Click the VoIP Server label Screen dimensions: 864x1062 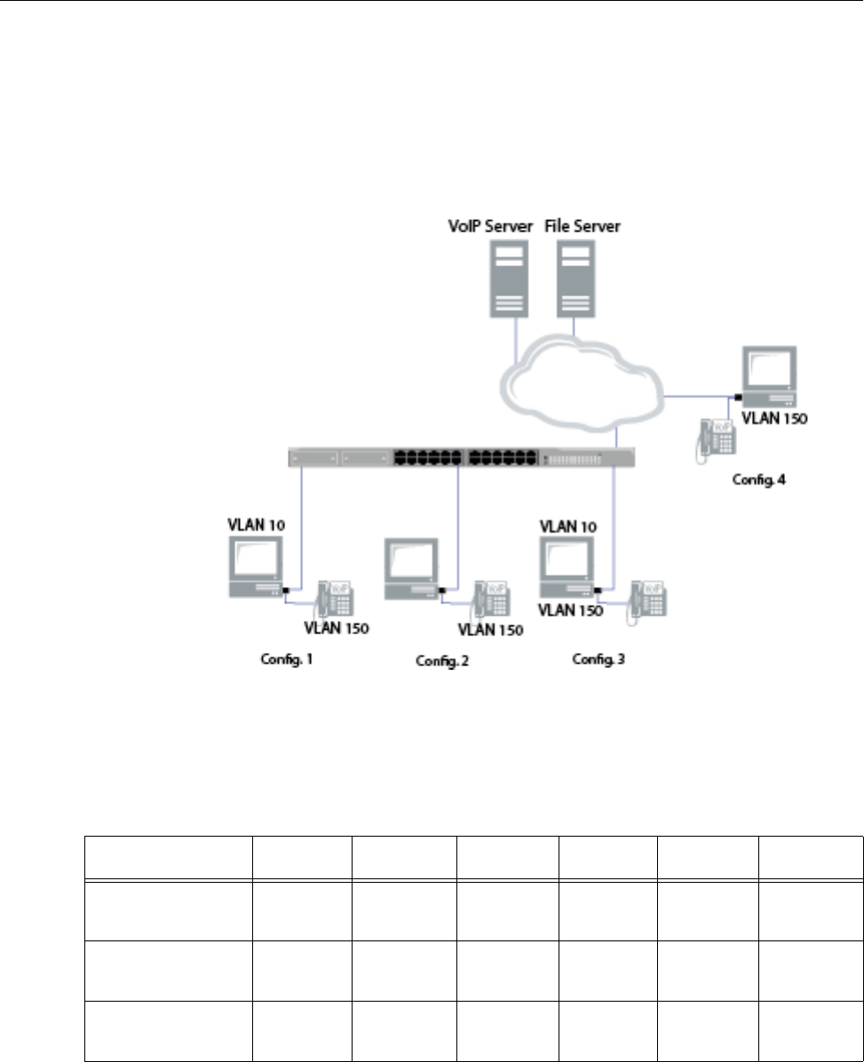[x=490, y=226]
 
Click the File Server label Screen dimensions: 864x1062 [x=583, y=226]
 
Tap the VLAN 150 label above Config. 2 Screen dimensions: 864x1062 [x=490, y=630]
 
